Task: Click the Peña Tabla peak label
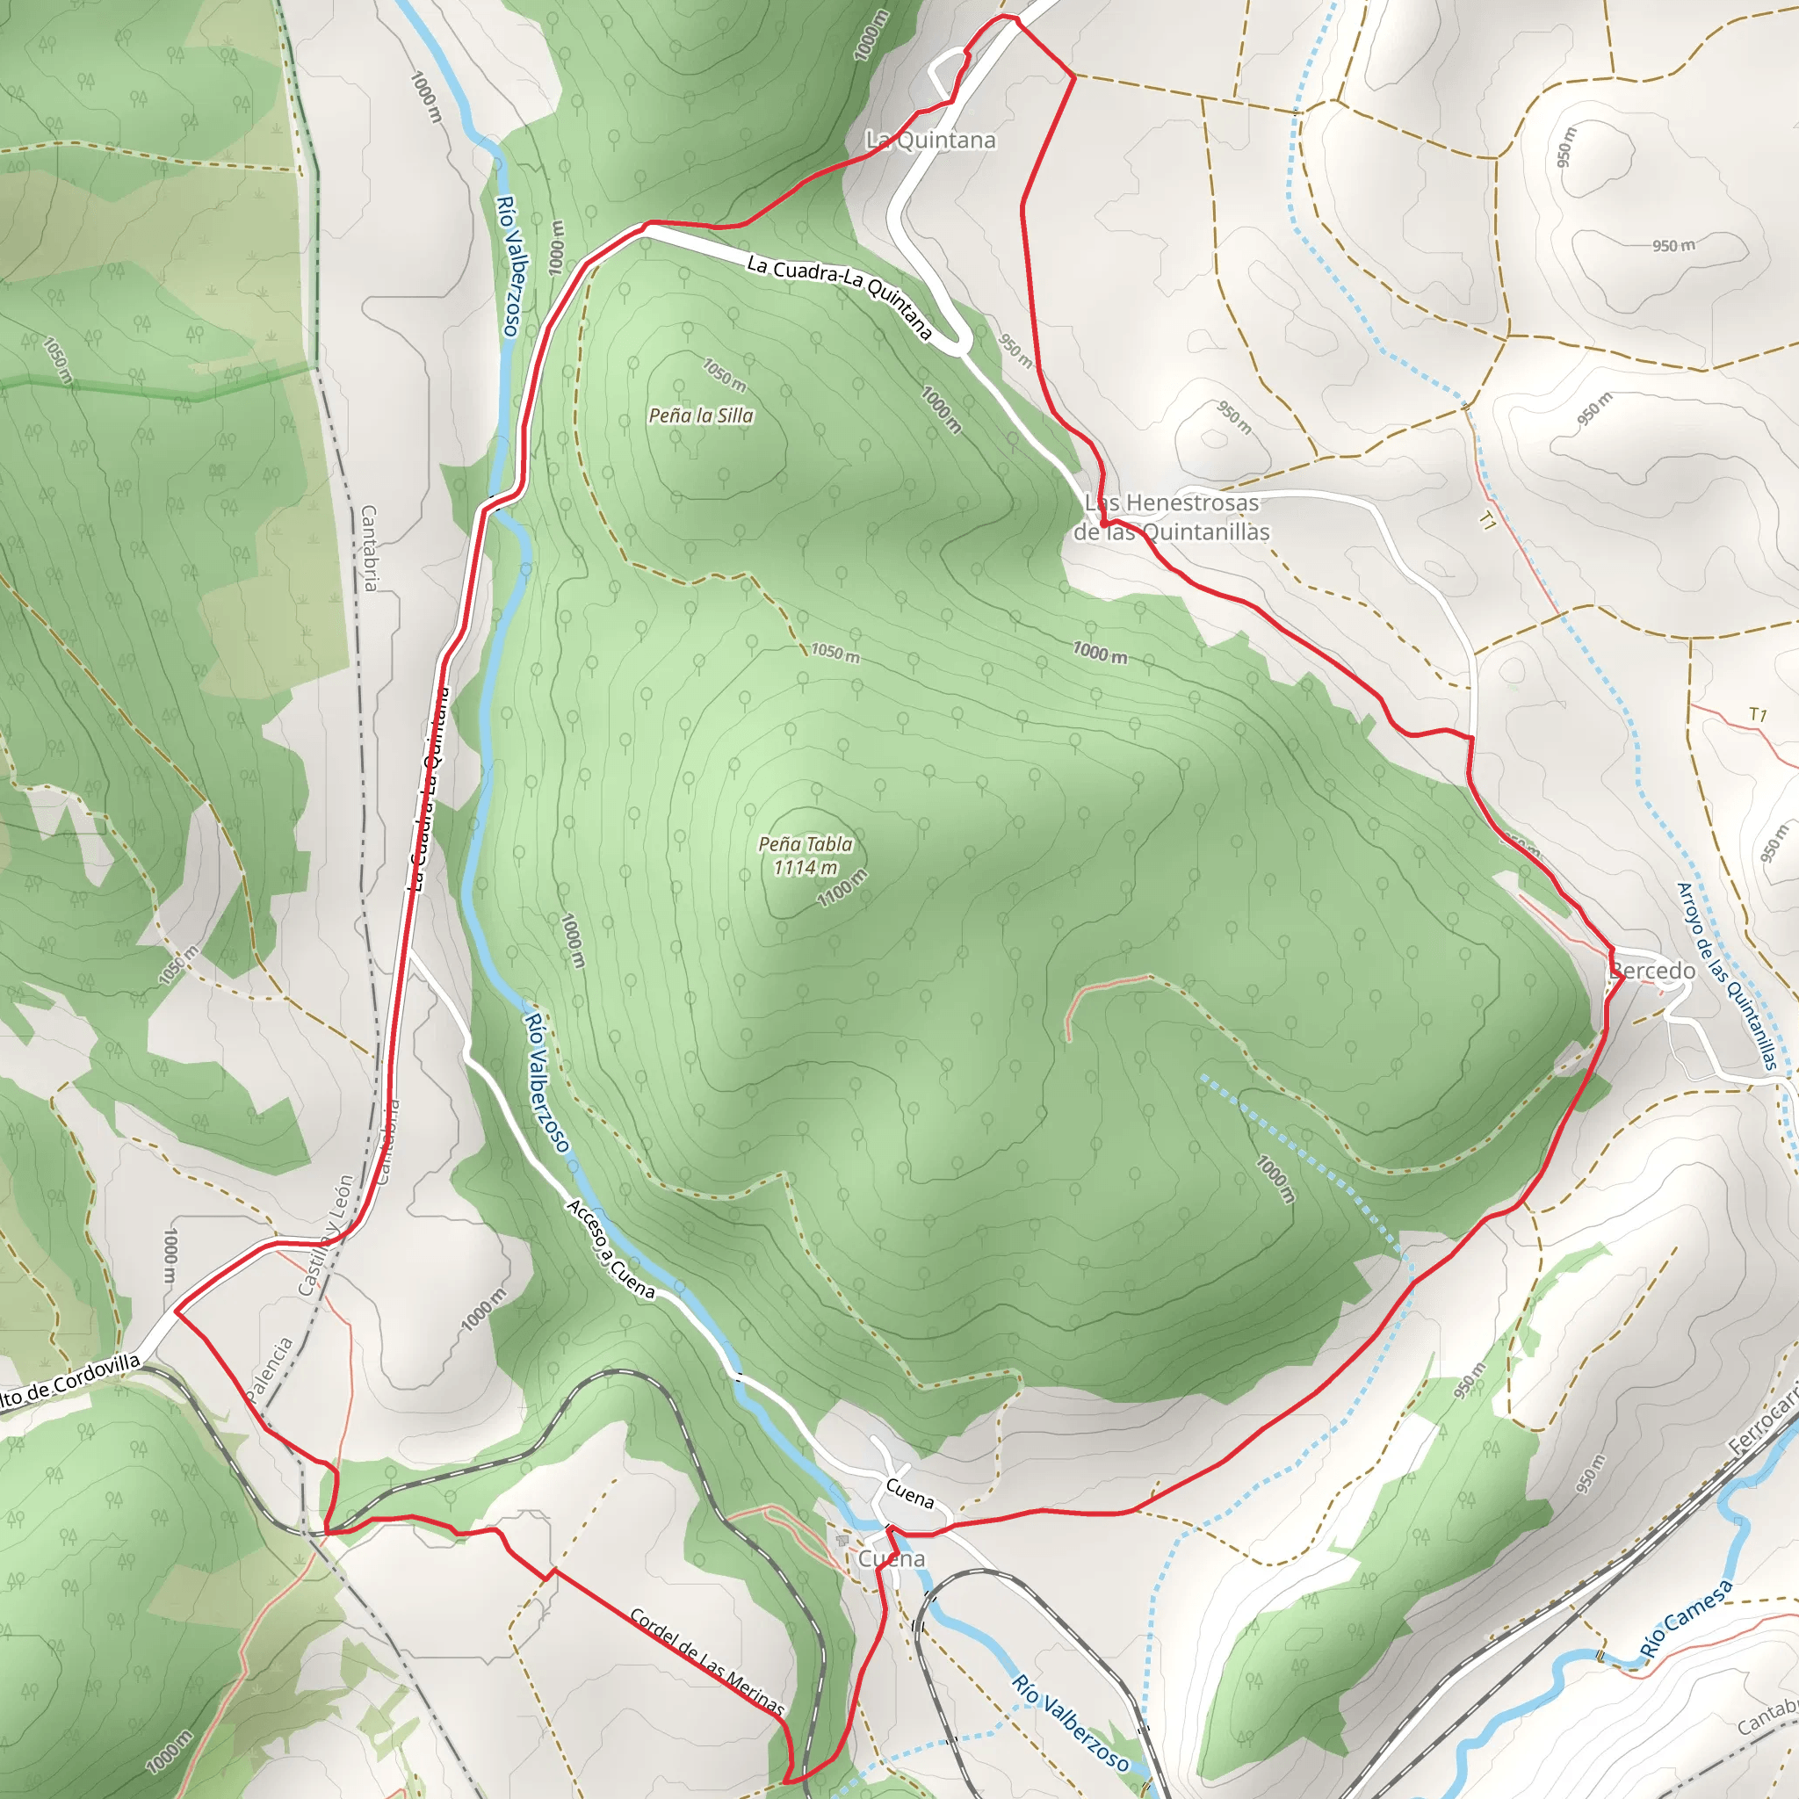(x=806, y=843)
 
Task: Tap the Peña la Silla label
(x=701, y=415)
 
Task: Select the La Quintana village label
(x=930, y=140)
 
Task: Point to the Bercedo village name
(x=1653, y=971)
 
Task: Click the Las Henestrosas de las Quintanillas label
(x=1172, y=517)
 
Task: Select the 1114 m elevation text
(x=805, y=868)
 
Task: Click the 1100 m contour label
(x=842, y=888)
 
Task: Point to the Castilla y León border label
(x=326, y=1235)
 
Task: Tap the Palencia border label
(x=269, y=1369)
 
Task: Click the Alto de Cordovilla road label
(x=70, y=1379)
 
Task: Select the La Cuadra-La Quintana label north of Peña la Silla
(x=839, y=295)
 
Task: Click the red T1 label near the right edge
(x=1757, y=714)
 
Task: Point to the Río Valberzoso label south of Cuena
(x=1071, y=1723)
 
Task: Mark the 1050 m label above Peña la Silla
(x=725, y=375)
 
